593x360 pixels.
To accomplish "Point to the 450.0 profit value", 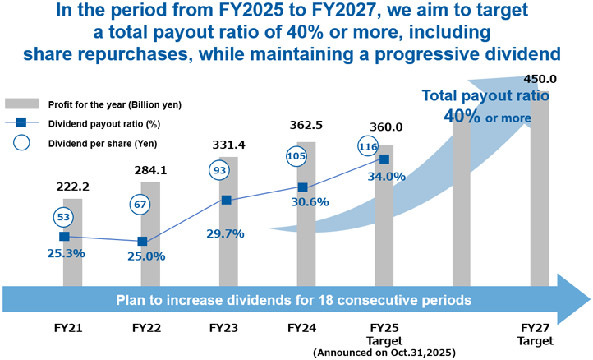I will click(540, 79).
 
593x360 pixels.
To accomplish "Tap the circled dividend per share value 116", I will click(367, 147).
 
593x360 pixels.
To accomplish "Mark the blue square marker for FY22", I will click(143, 241).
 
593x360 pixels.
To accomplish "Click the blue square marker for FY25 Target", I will click(384, 159).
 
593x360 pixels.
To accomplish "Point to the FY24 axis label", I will click(301, 327).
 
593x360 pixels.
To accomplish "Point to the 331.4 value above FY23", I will click(228, 144).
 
